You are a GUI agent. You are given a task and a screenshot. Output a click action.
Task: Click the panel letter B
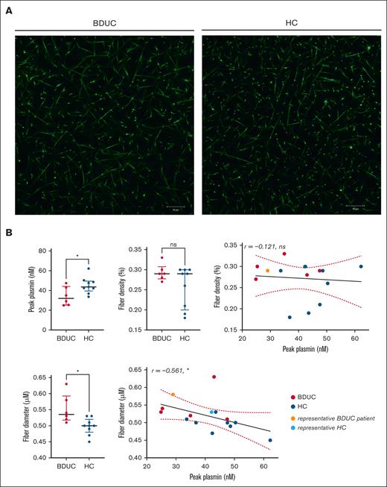8,233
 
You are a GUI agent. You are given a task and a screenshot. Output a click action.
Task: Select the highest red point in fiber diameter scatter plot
214,377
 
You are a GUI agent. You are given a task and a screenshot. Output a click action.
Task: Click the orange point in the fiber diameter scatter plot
173,395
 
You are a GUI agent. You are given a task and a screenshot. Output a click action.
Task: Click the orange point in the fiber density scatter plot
267,271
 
